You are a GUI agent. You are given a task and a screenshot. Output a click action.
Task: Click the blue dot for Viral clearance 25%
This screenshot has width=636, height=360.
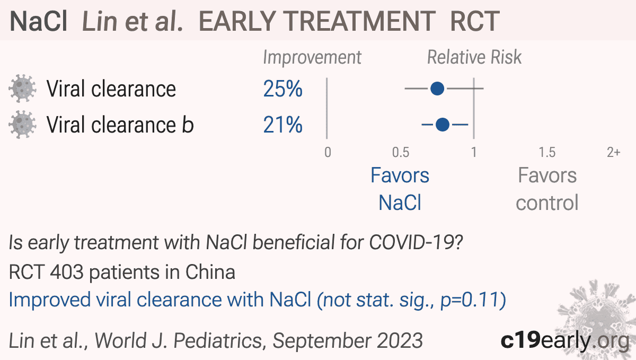[437, 89]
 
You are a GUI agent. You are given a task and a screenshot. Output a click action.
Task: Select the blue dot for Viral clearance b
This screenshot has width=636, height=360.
[443, 125]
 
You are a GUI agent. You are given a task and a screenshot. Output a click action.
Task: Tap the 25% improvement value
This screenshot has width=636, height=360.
[283, 89]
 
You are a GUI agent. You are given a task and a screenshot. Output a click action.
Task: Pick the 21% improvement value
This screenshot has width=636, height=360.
[283, 125]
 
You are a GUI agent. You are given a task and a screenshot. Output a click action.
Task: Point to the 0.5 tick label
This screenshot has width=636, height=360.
[401, 152]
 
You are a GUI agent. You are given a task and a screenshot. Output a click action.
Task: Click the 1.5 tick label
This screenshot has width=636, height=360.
[547, 152]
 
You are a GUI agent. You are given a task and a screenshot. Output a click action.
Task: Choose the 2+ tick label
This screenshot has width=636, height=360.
[614, 152]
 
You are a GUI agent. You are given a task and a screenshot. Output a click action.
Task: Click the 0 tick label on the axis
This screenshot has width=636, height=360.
[328, 152]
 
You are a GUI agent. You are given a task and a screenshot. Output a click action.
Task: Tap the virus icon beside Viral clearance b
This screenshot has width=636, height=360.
[22, 125]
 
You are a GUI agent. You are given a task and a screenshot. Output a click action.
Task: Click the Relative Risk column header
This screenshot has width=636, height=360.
[474, 57]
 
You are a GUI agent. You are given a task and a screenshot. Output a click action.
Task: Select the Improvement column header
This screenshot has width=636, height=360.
[312, 58]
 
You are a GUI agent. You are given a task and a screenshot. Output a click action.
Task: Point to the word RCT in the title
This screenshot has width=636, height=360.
[475, 21]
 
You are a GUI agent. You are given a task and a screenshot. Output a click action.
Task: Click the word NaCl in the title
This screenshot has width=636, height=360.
[38, 21]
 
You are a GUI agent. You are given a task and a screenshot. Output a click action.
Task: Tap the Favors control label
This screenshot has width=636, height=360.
[547, 189]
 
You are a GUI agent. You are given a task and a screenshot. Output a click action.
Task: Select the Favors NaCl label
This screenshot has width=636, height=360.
[400, 189]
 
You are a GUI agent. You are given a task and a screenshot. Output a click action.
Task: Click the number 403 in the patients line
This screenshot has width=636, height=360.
[66, 272]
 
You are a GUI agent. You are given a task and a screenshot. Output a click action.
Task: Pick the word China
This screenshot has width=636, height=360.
[210, 272]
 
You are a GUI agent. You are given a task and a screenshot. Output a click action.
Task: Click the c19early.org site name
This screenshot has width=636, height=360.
[565, 340]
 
